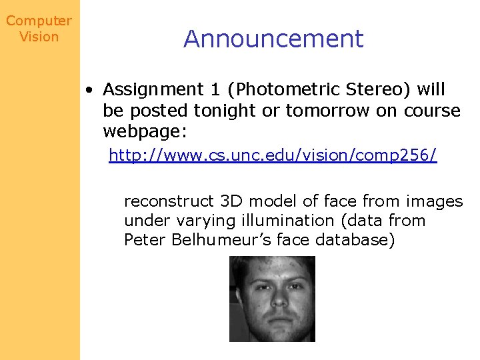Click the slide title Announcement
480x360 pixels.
coord(273,39)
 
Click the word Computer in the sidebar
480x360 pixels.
coord(39,21)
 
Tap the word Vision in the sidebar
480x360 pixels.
coord(39,37)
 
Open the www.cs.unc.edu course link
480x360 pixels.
coord(273,156)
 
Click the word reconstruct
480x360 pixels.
coord(169,201)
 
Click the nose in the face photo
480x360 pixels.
coord(273,300)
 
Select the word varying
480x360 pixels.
coord(199,221)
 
